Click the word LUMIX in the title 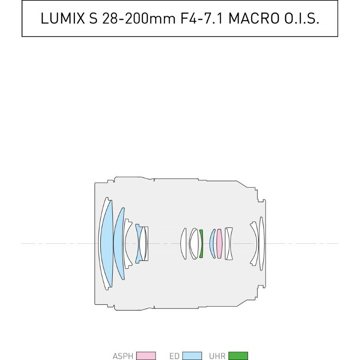coord(63,18)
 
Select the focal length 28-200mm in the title coord(139,18)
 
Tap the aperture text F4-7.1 coord(202,18)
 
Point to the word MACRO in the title coord(254,18)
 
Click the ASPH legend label coord(123,356)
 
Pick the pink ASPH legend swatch coord(146,356)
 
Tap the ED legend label coord(174,356)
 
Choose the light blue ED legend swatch coord(192,356)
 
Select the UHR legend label coord(217,356)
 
